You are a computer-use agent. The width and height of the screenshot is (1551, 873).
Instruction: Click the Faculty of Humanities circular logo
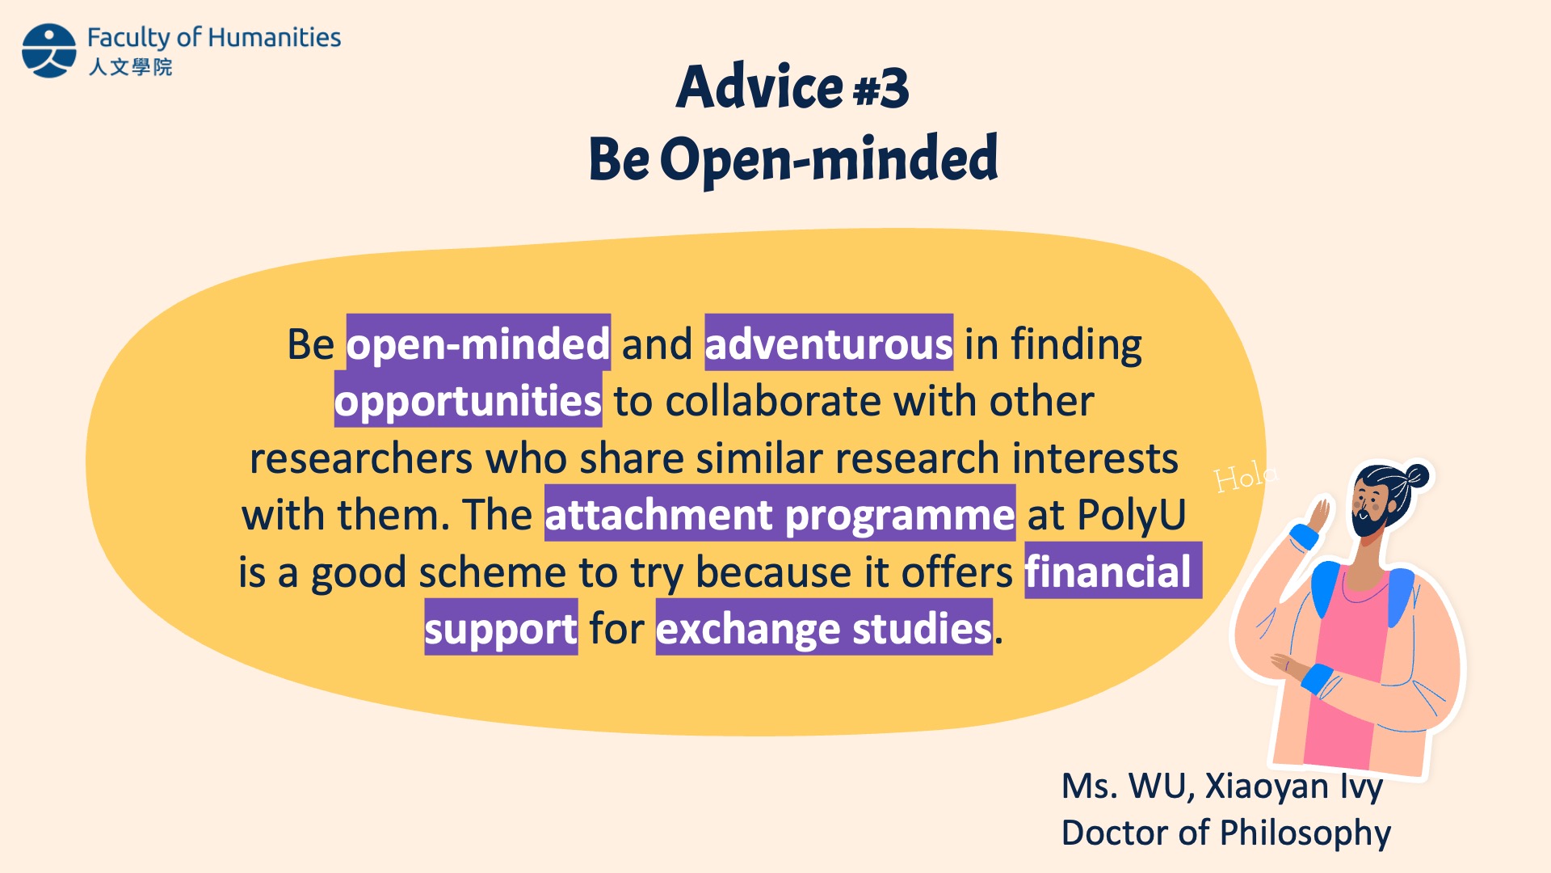click(x=49, y=50)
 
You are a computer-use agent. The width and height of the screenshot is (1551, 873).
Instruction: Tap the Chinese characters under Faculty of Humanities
click(x=130, y=66)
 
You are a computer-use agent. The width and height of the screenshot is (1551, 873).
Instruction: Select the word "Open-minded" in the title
click(x=830, y=158)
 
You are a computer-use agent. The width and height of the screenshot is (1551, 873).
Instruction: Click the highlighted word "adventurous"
click(x=829, y=344)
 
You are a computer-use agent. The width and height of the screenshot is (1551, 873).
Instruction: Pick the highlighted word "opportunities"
click(x=469, y=400)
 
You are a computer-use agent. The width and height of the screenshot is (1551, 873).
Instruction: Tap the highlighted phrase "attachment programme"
click(x=780, y=514)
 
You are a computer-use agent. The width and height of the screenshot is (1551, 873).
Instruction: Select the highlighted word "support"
click(x=501, y=627)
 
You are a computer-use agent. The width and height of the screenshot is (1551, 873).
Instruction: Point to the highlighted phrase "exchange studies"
click(x=824, y=627)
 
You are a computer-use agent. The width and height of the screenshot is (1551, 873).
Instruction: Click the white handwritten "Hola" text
click(x=1246, y=477)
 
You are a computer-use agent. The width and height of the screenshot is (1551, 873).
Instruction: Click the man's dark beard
click(x=1370, y=518)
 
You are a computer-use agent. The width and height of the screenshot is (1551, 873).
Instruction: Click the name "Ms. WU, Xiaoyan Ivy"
click(x=1222, y=786)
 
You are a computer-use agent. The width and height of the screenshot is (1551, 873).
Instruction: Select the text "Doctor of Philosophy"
click(x=1226, y=833)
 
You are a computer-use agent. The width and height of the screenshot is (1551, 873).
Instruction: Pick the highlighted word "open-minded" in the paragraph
click(x=478, y=344)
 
